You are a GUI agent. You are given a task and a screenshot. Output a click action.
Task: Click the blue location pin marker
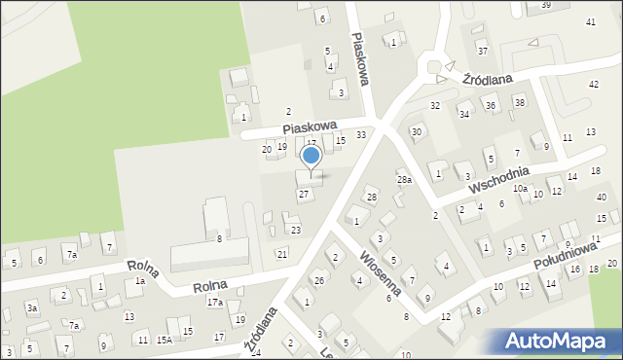point(311,157)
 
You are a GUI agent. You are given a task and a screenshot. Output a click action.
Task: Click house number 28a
point(404,180)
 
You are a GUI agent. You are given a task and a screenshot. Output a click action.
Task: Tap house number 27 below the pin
point(305,195)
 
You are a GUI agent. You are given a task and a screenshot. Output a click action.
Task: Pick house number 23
point(296,231)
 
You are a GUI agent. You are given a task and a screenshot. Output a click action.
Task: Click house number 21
point(282,254)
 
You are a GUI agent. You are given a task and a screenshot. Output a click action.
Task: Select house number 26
point(318,281)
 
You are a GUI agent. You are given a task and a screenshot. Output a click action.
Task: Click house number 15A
point(165,340)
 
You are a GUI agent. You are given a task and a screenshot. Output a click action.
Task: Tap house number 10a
point(520,189)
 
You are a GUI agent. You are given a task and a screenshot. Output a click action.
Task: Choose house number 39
point(546,5)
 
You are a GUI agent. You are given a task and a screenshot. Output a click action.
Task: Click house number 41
point(591,21)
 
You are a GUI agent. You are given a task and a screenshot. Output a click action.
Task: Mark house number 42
point(594,84)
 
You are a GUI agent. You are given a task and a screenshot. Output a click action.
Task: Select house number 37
point(482,50)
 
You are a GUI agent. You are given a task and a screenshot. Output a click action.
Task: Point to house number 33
point(361,134)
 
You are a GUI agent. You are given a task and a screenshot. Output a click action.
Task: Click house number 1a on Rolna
point(140,281)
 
